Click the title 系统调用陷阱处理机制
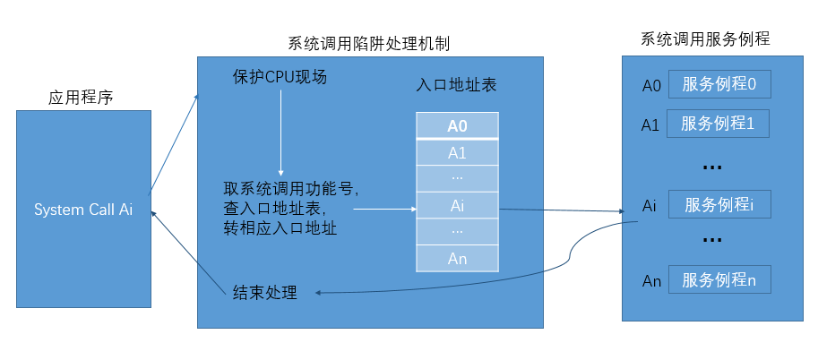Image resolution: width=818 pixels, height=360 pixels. [368, 43]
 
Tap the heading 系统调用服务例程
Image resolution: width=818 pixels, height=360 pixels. [705, 39]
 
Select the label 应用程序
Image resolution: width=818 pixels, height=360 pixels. [80, 98]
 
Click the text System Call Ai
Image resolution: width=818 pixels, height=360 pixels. [83, 210]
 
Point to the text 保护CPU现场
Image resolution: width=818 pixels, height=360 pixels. [279, 78]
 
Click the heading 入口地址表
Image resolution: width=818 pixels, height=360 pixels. [457, 86]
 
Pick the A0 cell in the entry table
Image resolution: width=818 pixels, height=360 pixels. [457, 125]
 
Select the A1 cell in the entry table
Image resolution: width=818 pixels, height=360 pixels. [457, 152]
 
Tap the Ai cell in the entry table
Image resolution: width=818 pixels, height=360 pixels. [457, 205]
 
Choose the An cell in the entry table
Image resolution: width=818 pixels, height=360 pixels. [457, 259]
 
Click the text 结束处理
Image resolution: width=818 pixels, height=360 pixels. [264, 292]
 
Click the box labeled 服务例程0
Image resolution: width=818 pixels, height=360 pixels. [719, 85]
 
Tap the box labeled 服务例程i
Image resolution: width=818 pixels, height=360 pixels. [719, 205]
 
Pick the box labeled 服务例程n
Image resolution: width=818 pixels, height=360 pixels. [719, 280]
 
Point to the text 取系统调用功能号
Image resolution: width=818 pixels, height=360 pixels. [291, 190]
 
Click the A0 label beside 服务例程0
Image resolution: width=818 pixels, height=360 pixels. [651, 86]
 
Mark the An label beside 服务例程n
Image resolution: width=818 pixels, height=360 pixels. [651, 281]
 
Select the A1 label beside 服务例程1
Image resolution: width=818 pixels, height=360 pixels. [651, 124]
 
